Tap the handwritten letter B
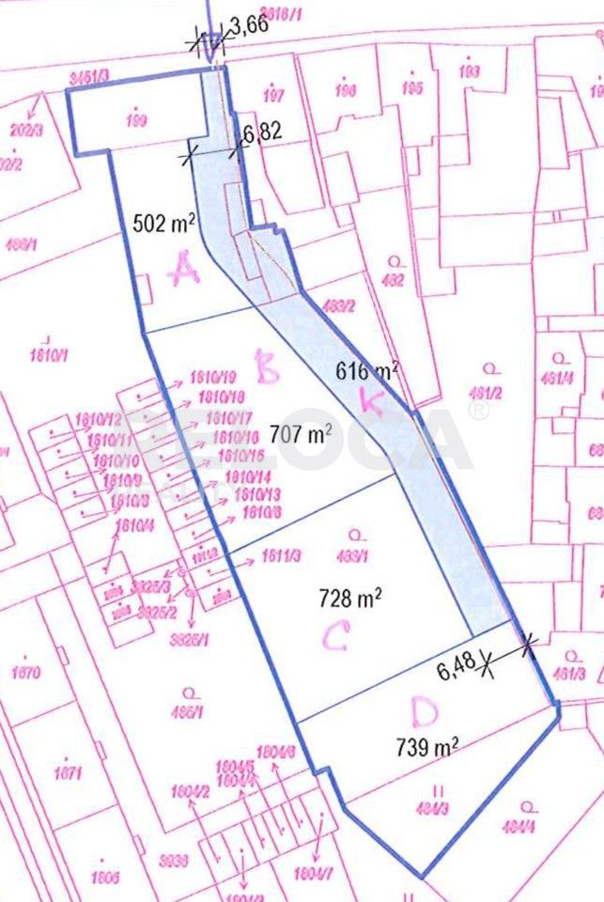[269, 368]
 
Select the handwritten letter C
[337, 638]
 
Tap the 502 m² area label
[164, 224]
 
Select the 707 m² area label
[302, 434]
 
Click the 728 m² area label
[349, 597]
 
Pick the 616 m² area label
[367, 371]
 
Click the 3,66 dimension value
[249, 26]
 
